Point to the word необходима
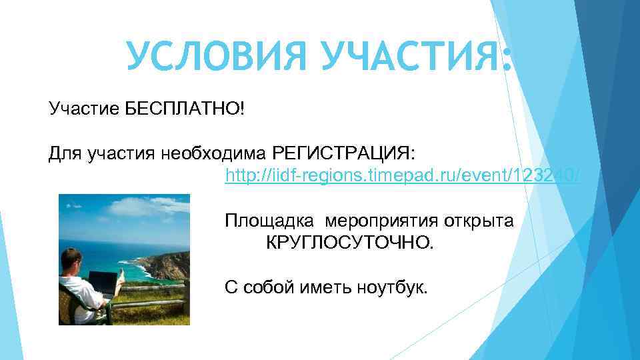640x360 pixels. [215, 155]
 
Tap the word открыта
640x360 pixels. [478, 221]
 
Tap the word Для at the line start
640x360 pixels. [63, 155]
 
